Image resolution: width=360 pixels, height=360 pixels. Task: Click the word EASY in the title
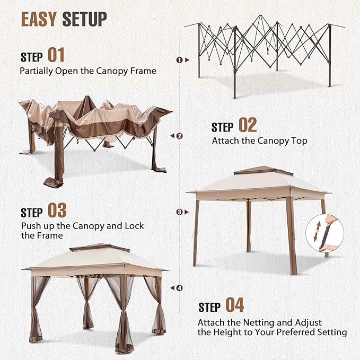pyautogui.click(x=39, y=19)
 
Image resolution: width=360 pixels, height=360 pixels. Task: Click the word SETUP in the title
pyautogui.click(x=84, y=19)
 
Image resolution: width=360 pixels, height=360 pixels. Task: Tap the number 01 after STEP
pyautogui.click(x=56, y=55)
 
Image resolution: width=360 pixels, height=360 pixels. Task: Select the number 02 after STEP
pyautogui.click(x=248, y=125)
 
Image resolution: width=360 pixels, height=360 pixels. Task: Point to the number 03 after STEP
pyautogui.click(x=57, y=210)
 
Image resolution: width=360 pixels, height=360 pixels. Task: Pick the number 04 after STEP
pyautogui.click(x=235, y=305)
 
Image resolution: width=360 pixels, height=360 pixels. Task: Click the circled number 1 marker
pyautogui.click(x=179, y=60)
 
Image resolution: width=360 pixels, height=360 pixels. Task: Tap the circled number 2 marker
pyautogui.click(x=180, y=136)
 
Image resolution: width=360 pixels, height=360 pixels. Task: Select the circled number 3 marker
pyautogui.click(x=180, y=212)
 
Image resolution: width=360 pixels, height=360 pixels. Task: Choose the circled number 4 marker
pyautogui.click(x=180, y=288)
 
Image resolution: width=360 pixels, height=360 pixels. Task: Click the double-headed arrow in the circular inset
pyautogui.click(x=317, y=231)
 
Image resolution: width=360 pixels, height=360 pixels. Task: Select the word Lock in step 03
pyautogui.click(x=134, y=226)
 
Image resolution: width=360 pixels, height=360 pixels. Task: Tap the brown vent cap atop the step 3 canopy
pyautogui.click(x=263, y=170)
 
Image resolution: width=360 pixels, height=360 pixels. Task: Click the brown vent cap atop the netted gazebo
pyautogui.click(x=100, y=248)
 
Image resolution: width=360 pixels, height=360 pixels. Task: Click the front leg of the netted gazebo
pyautogui.click(x=122, y=314)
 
